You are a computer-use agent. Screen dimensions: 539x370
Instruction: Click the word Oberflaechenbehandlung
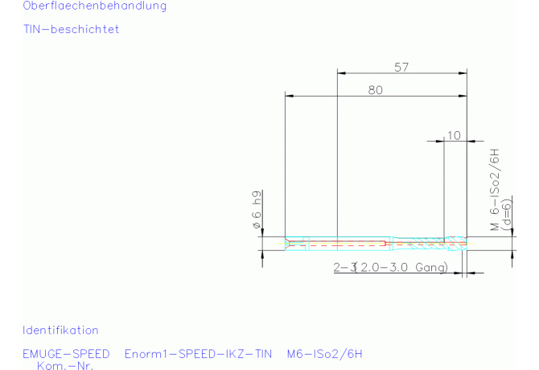click(95, 6)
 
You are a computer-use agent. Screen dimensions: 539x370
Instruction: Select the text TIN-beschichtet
click(71, 29)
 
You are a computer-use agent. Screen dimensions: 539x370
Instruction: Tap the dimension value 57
click(401, 68)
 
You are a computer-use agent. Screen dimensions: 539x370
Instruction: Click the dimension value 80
click(375, 90)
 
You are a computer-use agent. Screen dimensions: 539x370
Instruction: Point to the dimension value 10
click(454, 135)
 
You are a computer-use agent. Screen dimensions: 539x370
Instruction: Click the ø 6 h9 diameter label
click(257, 210)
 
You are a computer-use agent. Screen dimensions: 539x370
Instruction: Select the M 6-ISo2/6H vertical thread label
click(494, 189)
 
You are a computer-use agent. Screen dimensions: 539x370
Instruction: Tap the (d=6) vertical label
click(507, 215)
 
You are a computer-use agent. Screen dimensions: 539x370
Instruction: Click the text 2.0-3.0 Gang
click(401, 267)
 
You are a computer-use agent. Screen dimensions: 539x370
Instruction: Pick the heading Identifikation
click(60, 331)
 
